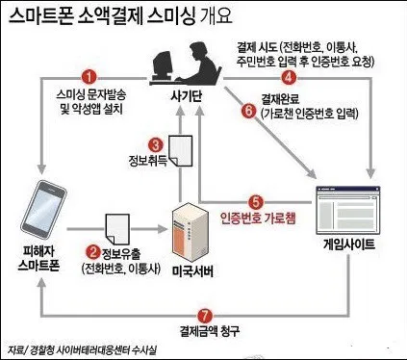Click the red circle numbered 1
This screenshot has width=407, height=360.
(89, 76)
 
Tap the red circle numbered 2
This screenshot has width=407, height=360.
(94, 250)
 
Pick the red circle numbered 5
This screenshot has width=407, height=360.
(255, 201)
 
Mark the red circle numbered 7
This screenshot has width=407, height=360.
(203, 315)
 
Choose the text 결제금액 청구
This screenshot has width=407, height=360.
(204, 331)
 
